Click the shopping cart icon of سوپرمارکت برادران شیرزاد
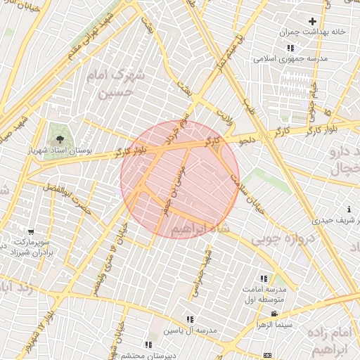tap(30, 232)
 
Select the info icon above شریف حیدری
tap(349, 209)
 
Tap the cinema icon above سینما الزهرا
tap(274, 313)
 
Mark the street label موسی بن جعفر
tap(172, 190)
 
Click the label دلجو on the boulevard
tap(248, 141)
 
